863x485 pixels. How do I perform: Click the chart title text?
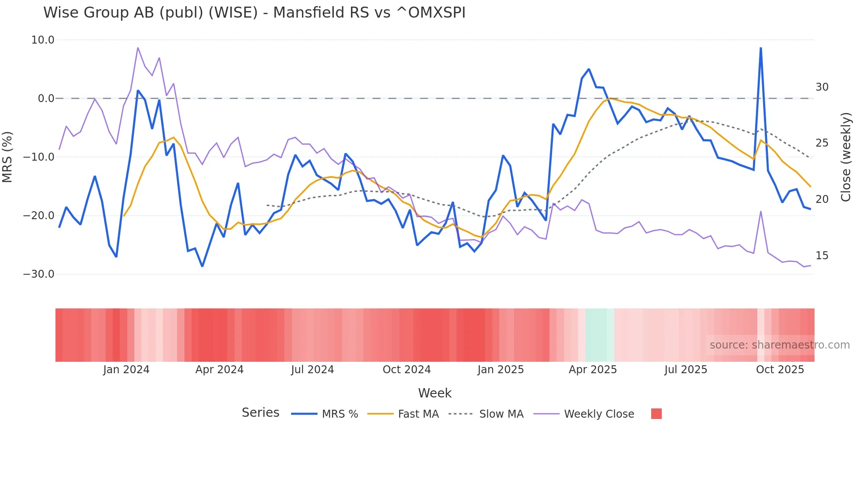tap(254, 13)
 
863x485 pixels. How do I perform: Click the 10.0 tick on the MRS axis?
tap(43, 40)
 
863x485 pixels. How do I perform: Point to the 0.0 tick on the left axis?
tap(46, 99)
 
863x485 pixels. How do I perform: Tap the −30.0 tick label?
tap(39, 274)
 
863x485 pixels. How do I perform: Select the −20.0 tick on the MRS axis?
tap(39, 216)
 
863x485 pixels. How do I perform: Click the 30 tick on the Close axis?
tap(822, 87)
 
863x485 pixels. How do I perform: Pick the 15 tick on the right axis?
tap(822, 256)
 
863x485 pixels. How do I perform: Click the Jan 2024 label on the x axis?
tap(126, 370)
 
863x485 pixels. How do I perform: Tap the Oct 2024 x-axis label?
tap(406, 370)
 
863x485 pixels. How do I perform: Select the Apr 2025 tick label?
tap(593, 370)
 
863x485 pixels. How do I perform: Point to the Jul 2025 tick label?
tap(686, 370)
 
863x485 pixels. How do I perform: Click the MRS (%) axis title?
tap(7, 157)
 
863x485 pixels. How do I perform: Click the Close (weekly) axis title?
tap(846, 157)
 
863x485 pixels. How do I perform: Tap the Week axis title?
tap(435, 393)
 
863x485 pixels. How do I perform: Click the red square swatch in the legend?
tap(656, 414)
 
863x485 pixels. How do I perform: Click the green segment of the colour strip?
tap(599, 335)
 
